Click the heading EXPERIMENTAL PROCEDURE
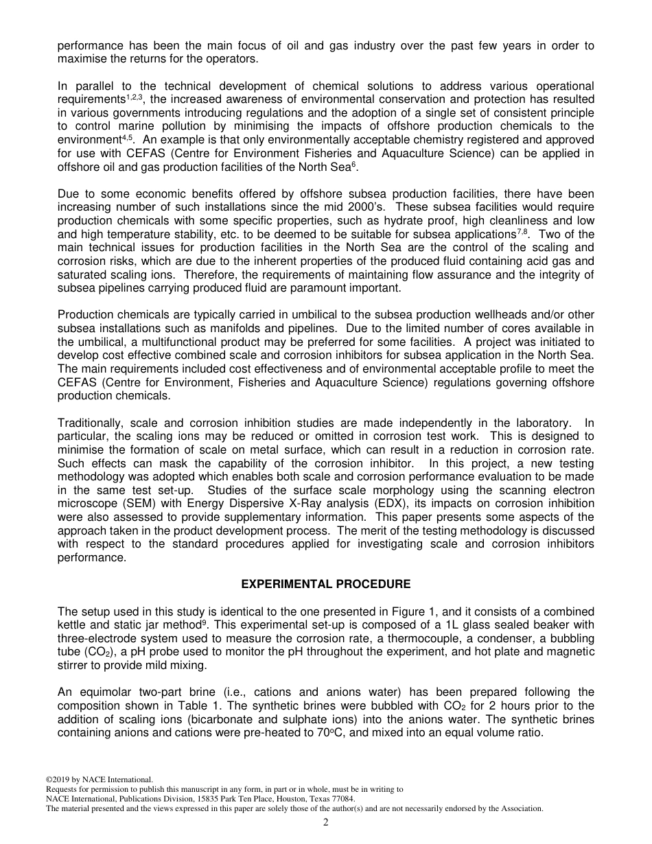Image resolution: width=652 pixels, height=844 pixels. [x=326, y=585]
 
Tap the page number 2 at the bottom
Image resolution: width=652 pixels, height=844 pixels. [x=326, y=823]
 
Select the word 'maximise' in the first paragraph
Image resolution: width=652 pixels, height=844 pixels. [x=83, y=59]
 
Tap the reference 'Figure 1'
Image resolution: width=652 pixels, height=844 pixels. [x=409, y=611]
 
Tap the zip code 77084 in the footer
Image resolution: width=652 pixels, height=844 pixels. [x=343, y=799]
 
